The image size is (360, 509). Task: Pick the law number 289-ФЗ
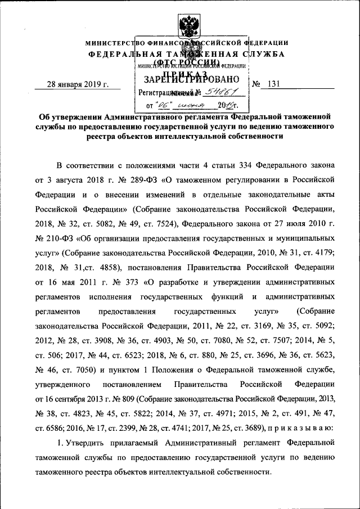point(143,180)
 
